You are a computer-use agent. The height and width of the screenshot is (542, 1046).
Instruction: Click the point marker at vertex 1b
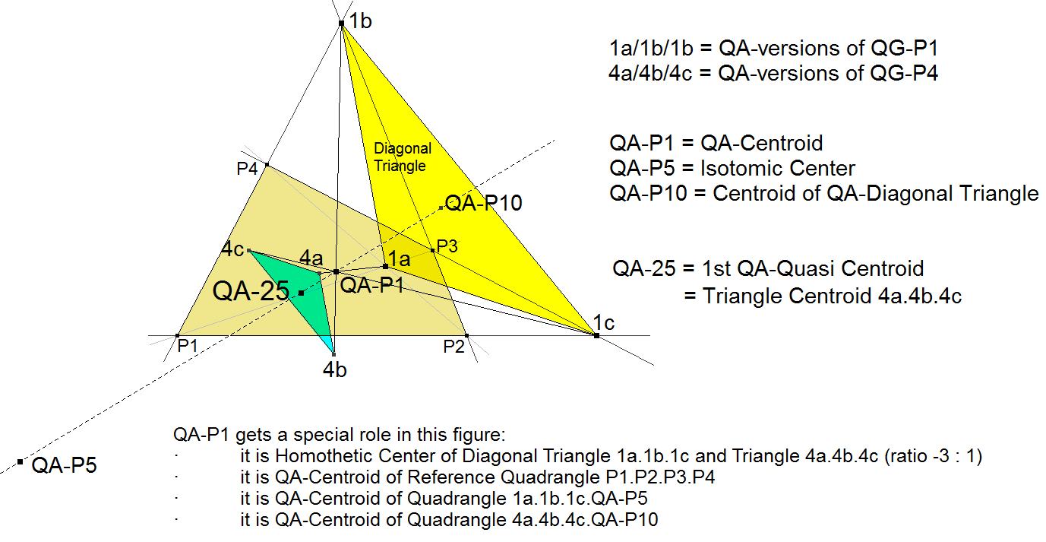tap(342, 24)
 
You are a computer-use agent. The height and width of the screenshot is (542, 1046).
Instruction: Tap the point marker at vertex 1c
tap(596, 335)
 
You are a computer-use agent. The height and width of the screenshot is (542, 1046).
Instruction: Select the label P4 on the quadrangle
tap(247, 169)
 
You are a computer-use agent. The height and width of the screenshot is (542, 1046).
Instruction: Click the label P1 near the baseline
tap(188, 347)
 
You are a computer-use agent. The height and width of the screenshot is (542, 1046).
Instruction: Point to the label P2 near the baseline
tap(454, 347)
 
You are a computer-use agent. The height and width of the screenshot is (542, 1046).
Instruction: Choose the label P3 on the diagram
tap(447, 246)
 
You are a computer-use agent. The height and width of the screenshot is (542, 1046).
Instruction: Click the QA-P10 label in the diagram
tap(483, 203)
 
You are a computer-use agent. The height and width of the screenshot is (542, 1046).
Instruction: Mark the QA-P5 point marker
tap(20, 461)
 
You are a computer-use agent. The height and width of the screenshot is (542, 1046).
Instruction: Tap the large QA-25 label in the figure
tap(251, 290)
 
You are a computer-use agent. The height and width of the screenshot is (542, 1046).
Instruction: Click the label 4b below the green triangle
tap(335, 370)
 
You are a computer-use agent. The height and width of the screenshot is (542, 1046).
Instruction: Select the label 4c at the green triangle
tap(232, 249)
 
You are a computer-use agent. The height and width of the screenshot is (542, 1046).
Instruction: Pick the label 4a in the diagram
tap(311, 258)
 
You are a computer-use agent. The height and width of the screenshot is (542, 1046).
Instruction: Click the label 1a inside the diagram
tap(400, 258)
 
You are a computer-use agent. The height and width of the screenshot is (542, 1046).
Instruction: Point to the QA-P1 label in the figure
tap(371, 286)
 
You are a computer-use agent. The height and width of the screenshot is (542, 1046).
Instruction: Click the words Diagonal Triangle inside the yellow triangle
tap(402, 157)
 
